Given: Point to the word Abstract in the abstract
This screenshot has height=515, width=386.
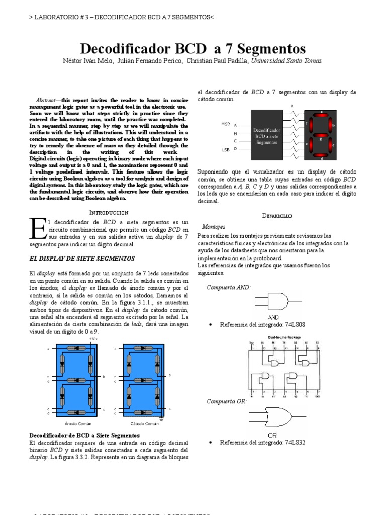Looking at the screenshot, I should (48, 100).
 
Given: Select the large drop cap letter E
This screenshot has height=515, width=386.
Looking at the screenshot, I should (37, 229).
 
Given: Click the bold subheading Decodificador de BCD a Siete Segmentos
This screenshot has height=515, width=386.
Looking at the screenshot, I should (84, 435).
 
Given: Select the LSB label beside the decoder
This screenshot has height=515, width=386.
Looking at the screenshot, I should (225, 149).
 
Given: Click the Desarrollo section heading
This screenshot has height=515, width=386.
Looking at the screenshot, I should (277, 215).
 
